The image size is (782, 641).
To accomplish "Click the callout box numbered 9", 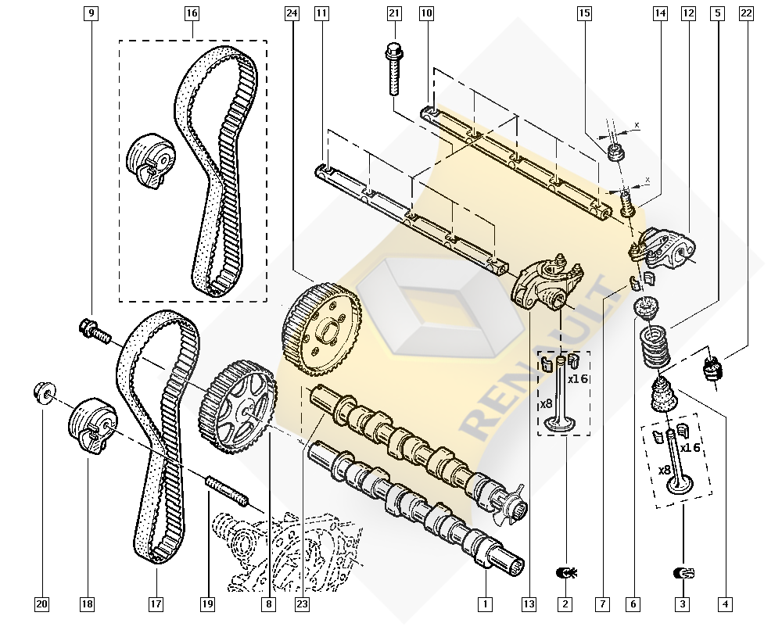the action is point(91,13).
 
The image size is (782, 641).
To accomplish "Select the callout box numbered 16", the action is point(192,13).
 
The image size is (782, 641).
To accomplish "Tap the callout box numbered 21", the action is point(394,13).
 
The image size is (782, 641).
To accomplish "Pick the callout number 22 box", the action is point(746,13).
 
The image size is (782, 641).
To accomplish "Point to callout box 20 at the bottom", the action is point(42,604).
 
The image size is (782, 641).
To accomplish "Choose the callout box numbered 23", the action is point(302,604).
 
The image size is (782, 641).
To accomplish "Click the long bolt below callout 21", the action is point(394,69).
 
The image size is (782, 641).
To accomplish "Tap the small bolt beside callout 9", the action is point(95,331).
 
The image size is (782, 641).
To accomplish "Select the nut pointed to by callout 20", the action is point(45,393).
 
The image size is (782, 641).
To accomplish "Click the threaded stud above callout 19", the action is point(227,490).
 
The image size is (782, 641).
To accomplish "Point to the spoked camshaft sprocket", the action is point(238,406).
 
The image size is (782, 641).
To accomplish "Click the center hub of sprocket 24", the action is point(326,331).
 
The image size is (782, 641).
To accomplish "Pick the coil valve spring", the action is point(655,346).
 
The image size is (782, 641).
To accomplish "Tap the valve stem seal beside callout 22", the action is point(712,368).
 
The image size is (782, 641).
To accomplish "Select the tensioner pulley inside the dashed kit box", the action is point(150,161).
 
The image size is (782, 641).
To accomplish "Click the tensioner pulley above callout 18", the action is point(93,426).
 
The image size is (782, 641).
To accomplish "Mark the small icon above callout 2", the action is point(565,573).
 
